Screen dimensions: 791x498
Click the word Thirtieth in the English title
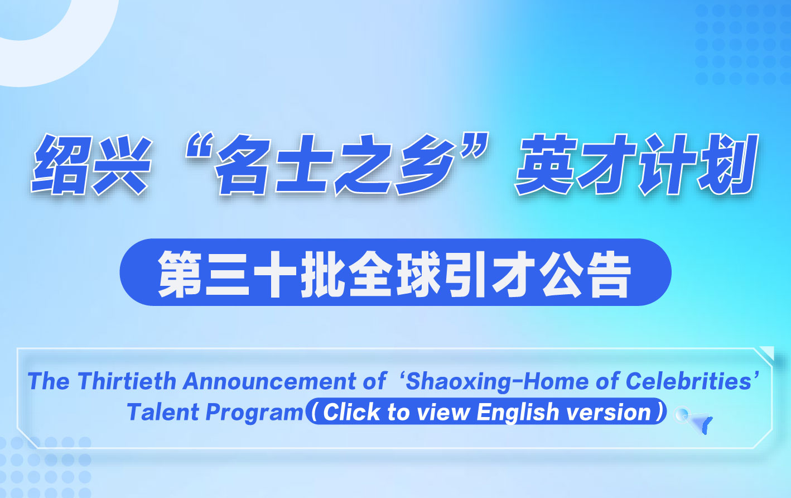coord(127,381)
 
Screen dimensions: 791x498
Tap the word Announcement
coord(269,381)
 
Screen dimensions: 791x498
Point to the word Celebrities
coord(688,381)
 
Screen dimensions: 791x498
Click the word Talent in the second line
coord(163,412)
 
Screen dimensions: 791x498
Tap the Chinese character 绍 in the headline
coord(61,164)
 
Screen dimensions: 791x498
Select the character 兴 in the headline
coord(120,164)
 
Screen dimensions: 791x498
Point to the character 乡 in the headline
coord(424,164)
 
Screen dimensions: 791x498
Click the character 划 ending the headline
coord(727,164)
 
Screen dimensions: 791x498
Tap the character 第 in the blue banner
coord(180,274)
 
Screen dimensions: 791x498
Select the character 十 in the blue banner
coord(276,274)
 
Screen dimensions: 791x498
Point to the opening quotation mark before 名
coord(200,146)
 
